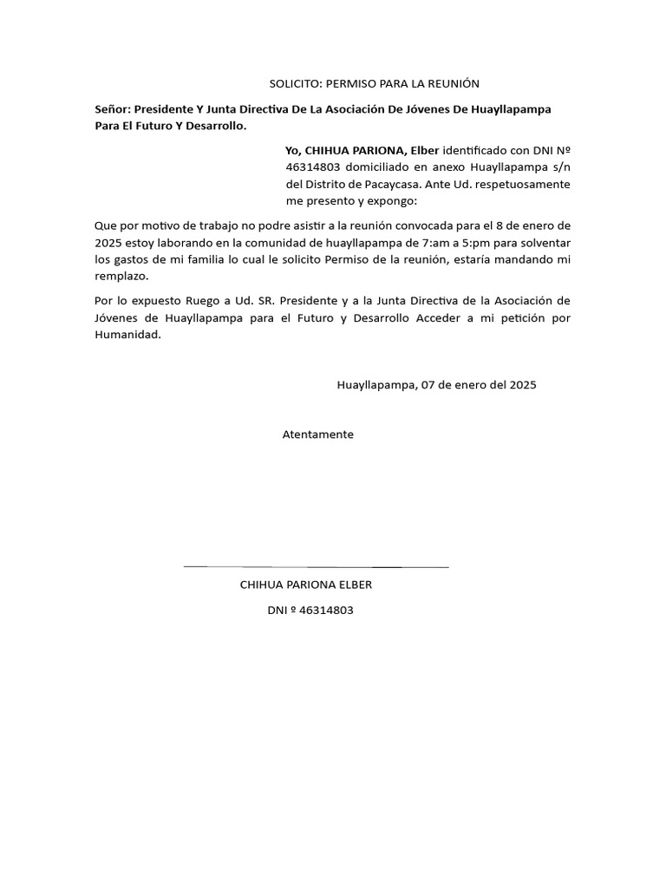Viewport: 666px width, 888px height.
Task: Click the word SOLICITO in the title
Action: click(x=294, y=83)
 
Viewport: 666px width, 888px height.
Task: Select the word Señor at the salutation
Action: click(x=112, y=109)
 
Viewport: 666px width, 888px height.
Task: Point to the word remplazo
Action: click(x=121, y=277)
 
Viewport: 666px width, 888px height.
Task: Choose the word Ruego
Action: click(x=203, y=301)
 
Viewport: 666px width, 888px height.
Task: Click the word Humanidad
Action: click(x=127, y=336)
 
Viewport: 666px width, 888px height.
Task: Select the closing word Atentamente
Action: click(x=317, y=434)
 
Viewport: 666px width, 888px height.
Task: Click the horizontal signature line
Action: click(x=316, y=566)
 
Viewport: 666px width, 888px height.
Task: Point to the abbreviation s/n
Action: click(x=560, y=166)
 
